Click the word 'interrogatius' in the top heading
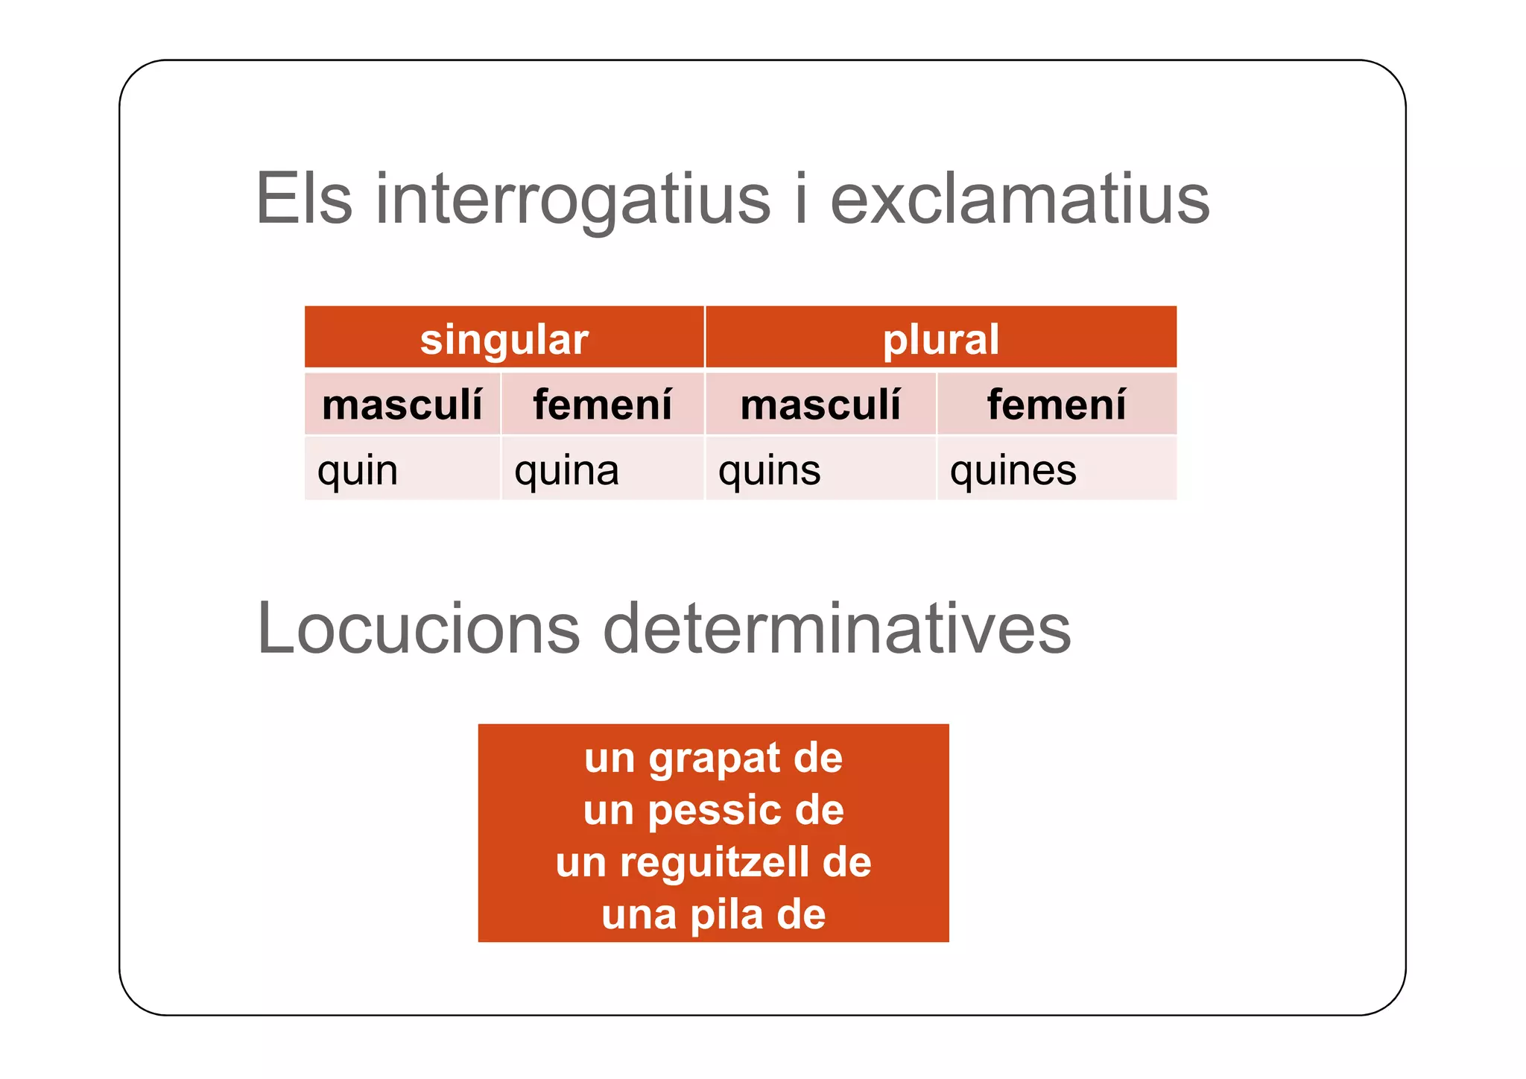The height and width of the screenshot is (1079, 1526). (572, 200)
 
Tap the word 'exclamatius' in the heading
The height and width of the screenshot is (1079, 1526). (1019, 200)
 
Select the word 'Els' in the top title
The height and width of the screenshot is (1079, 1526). (303, 200)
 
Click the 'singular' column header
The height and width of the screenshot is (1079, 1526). (504, 339)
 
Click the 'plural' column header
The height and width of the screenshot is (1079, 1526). (940, 339)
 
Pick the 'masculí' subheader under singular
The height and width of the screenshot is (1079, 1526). (402, 405)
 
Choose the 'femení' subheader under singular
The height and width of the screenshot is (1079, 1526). (602, 405)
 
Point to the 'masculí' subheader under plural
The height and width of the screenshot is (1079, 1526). (820, 405)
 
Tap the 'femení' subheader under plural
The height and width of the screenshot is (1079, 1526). (1056, 405)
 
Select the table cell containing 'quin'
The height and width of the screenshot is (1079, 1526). (402, 469)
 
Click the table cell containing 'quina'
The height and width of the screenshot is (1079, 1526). (602, 469)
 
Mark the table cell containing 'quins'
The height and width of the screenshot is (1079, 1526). (820, 469)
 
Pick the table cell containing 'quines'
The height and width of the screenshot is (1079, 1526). (1056, 469)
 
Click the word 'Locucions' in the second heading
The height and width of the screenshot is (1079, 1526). (418, 629)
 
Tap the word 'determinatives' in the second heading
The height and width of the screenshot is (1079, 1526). (836, 629)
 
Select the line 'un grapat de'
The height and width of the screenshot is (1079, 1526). (713, 758)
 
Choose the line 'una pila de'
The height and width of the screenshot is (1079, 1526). (713, 914)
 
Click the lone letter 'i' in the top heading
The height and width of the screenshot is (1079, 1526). (801, 200)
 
